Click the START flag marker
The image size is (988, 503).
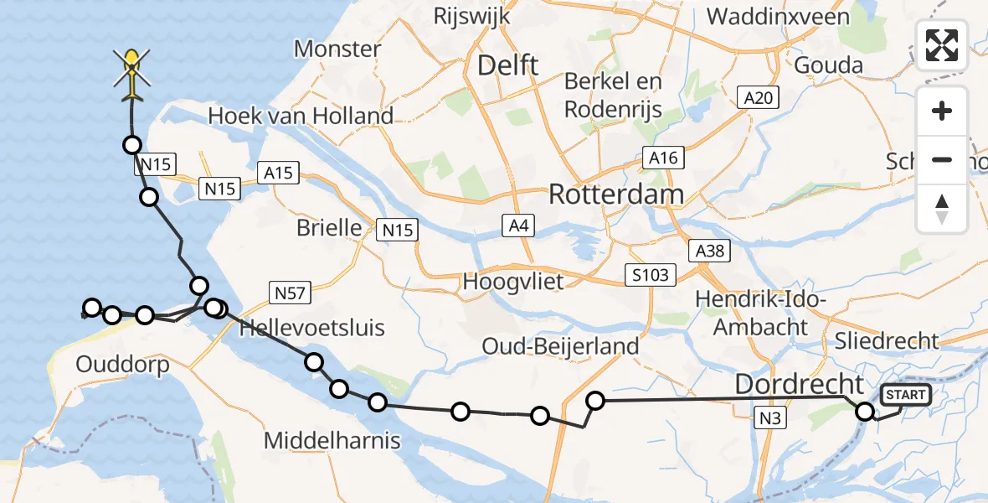(905, 395)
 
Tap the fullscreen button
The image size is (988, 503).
(942, 44)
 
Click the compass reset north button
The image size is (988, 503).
(942, 208)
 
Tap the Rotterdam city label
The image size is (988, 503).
(615, 194)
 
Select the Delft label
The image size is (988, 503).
(507, 65)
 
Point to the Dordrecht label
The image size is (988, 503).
(799, 385)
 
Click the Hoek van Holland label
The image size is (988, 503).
(301, 116)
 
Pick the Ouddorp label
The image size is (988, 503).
(122, 365)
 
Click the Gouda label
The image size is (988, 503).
(828, 65)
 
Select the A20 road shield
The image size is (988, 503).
(758, 97)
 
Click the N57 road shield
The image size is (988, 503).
(291, 293)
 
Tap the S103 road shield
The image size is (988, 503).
(651, 274)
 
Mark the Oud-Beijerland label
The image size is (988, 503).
(560, 345)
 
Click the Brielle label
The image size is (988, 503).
(329, 228)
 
